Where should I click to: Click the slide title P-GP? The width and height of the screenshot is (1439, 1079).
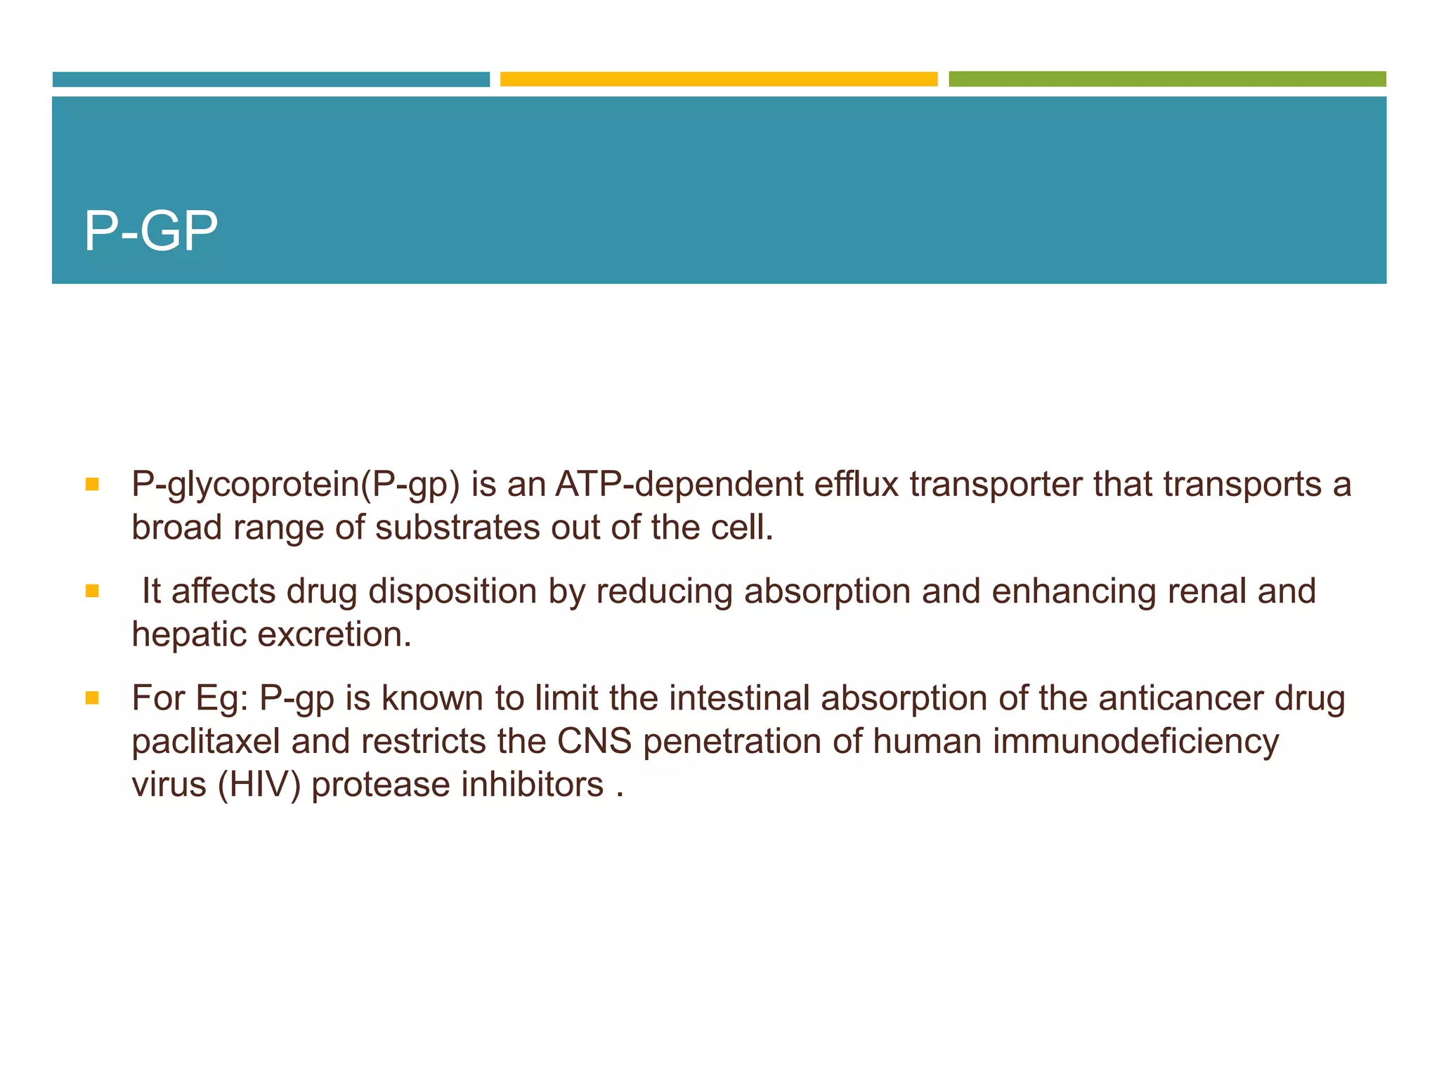tap(150, 231)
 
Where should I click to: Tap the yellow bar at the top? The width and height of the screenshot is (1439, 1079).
tap(719, 79)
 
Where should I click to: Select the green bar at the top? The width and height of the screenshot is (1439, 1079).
tap(1167, 79)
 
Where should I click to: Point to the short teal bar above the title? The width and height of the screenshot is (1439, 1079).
tap(271, 79)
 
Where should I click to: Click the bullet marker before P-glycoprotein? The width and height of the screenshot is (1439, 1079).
tap(92, 485)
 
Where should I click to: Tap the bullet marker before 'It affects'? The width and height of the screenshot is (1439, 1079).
tap(92, 591)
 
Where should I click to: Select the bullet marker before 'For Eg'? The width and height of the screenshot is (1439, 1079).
tap(92, 698)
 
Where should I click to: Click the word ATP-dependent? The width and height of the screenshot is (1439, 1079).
tap(679, 485)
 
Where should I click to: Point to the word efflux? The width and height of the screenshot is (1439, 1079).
tap(857, 485)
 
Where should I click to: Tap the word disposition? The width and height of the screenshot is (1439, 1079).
tap(453, 591)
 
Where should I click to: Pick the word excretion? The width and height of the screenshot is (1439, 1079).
tap(334, 634)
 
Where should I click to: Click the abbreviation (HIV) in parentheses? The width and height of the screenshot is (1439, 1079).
tap(259, 785)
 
